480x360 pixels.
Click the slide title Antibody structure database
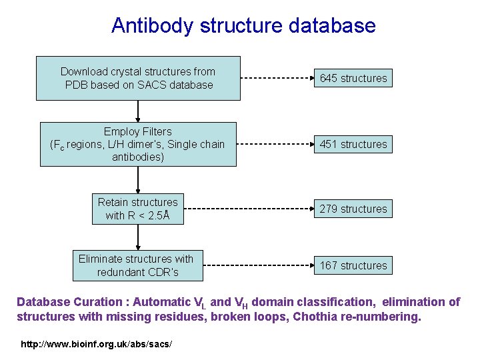click(x=243, y=26)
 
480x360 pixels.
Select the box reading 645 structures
click(x=353, y=78)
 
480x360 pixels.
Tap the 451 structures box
click(x=353, y=144)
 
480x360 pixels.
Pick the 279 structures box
click(x=353, y=209)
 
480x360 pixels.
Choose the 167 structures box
click(x=353, y=265)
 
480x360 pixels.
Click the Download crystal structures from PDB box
click(x=138, y=78)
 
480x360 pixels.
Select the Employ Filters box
click(x=138, y=144)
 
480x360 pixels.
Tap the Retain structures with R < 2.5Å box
click(x=138, y=209)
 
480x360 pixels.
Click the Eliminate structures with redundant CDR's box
click(x=136, y=265)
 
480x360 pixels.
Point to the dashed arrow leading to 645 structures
click(x=276, y=78)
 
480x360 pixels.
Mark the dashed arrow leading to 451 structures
click(x=274, y=144)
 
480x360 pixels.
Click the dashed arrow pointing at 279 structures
click(x=248, y=209)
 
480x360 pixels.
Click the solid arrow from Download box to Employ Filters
click(x=138, y=111)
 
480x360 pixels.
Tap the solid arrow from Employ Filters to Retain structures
click(x=138, y=179)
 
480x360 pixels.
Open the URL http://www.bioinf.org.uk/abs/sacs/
click(x=96, y=344)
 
